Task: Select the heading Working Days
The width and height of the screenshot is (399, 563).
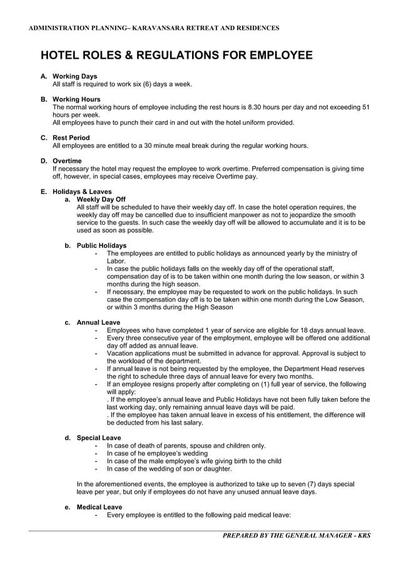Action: coord(75,76)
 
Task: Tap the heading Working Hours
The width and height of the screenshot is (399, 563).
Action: coord(76,99)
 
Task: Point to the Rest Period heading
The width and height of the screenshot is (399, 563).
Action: coord(71,137)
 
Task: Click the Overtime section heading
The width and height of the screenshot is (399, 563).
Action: coord(68,161)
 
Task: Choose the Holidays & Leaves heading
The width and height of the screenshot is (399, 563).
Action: coord(82,192)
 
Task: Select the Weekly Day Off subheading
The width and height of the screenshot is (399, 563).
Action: coord(101,200)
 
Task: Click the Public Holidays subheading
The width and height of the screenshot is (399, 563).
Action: coord(101,245)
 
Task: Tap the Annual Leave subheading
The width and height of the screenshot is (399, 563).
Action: coord(98,322)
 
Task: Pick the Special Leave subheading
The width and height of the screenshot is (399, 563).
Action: coord(99,438)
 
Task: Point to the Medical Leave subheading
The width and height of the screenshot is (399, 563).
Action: coord(99,507)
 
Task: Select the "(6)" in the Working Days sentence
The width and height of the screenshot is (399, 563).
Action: coord(149,84)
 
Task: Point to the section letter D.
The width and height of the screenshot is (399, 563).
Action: coord(43,161)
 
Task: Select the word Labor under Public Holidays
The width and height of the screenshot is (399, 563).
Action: coord(116,261)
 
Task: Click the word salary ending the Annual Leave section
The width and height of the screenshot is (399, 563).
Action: coord(191,423)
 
